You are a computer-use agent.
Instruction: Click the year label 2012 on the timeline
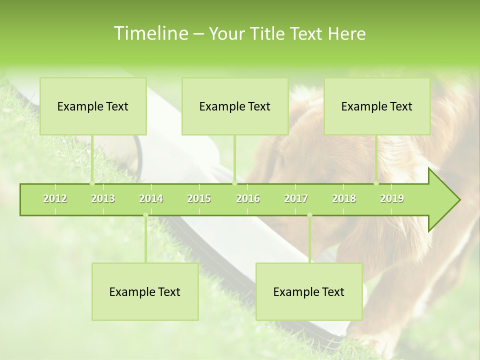(x=55, y=199)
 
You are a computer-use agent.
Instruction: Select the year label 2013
(x=103, y=199)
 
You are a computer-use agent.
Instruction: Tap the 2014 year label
(x=151, y=199)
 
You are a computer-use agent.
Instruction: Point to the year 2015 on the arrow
(x=199, y=199)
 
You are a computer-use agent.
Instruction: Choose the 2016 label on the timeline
(x=248, y=199)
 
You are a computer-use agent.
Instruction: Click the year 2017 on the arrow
(x=296, y=199)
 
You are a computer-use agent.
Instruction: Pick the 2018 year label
(x=344, y=199)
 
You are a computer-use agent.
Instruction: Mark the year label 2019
(x=392, y=199)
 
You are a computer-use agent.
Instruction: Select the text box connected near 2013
(x=93, y=106)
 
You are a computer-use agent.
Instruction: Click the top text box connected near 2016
(x=235, y=106)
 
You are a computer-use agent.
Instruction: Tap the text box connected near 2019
(x=377, y=106)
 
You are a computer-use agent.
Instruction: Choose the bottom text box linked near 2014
(x=145, y=292)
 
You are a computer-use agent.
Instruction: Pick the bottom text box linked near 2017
(x=309, y=292)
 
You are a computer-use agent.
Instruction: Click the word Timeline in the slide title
(x=150, y=33)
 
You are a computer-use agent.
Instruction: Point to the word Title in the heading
(x=268, y=33)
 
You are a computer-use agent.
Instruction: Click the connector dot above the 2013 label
(x=92, y=183)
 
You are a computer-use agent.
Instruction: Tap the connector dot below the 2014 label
(x=145, y=215)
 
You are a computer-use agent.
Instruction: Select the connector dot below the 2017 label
(x=309, y=215)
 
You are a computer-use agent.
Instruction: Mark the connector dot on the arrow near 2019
(x=376, y=183)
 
